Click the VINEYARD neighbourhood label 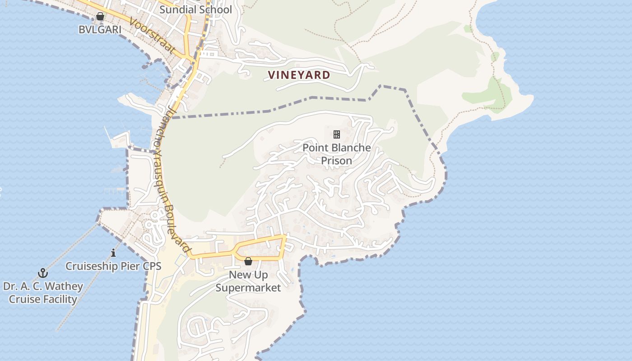(x=299, y=75)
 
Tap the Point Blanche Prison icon (x=336, y=134)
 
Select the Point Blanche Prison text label (x=336, y=154)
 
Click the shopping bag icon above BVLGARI (x=100, y=17)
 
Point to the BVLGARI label (x=100, y=29)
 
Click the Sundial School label (x=195, y=9)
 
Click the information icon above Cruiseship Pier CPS (x=113, y=253)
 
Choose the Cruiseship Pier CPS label (x=113, y=266)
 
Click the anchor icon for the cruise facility (x=43, y=273)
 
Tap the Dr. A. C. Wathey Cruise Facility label (x=43, y=292)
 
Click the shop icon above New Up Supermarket (x=248, y=261)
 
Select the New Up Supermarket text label (x=248, y=281)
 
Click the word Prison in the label (x=336, y=160)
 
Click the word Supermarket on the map (x=248, y=288)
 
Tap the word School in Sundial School (x=215, y=9)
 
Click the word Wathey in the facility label (x=63, y=286)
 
